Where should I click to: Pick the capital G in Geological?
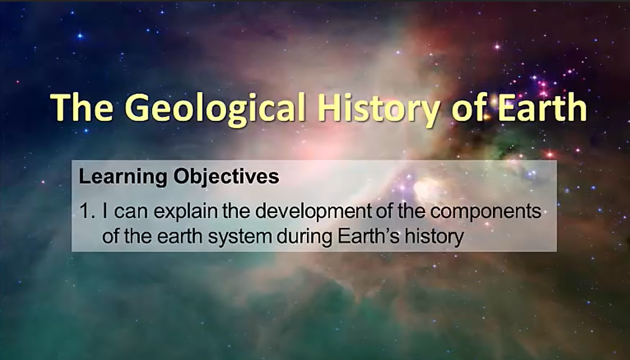[x=141, y=108]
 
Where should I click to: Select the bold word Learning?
[x=114, y=178]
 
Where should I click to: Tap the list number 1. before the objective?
[x=88, y=212]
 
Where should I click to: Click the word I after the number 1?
[x=105, y=212]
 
